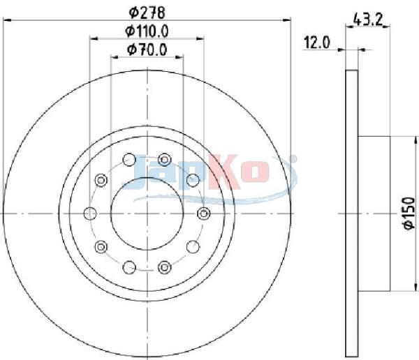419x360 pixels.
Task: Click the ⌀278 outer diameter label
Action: click(x=147, y=13)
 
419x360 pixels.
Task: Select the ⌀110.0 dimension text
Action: click(x=147, y=31)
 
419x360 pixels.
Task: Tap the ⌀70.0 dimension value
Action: click(x=147, y=50)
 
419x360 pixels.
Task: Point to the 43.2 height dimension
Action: click(x=368, y=20)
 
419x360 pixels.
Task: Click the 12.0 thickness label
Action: click(x=317, y=43)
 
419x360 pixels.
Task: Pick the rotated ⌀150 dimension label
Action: click(x=409, y=213)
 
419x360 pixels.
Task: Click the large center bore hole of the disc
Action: click(x=147, y=213)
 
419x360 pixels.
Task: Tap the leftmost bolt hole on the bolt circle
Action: click(x=90, y=213)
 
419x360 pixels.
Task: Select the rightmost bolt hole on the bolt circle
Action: click(x=204, y=213)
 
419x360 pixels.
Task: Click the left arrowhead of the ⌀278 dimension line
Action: click(x=6, y=20)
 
